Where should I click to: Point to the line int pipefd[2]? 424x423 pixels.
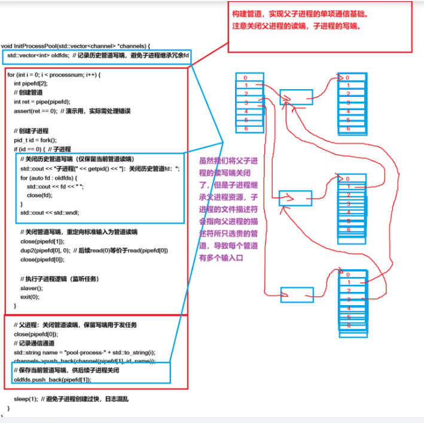coord(29,83)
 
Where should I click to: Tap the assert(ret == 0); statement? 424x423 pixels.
coord(36,111)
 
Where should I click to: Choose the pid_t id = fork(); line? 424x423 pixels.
coord(39,139)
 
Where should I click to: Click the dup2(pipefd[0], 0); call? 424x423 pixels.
coord(45,250)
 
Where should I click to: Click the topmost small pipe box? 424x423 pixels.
coord(295,96)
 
